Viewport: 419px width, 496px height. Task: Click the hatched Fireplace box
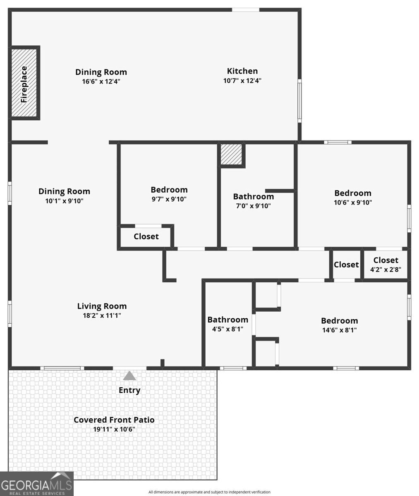(x=24, y=83)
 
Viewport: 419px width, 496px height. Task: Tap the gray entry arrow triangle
(x=129, y=376)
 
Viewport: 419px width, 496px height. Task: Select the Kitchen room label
(x=242, y=71)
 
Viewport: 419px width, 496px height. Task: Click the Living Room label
(x=102, y=306)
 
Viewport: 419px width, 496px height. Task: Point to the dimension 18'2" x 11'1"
(x=102, y=315)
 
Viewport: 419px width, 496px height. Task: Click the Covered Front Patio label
(x=114, y=420)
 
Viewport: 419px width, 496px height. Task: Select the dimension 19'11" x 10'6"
(x=114, y=429)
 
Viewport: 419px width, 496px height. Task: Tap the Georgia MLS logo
(x=36, y=484)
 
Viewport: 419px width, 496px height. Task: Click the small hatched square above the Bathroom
(x=231, y=154)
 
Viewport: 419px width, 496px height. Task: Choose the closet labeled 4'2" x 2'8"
(x=385, y=265)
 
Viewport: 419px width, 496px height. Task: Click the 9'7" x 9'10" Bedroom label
(x=169, y=190)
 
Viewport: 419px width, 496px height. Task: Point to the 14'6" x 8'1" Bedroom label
(x=339, y=321)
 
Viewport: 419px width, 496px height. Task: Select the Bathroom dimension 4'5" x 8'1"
(x=227, y=329)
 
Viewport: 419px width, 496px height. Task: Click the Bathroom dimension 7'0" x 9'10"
(x=253, y=206)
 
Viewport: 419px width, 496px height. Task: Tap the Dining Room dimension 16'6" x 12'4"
(x=101, y=82)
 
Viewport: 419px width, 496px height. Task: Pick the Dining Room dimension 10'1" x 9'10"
(x=64, y=201)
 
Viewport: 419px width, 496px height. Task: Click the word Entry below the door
(x=129, y=390)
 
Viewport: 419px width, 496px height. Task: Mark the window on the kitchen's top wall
(x=245, y=10)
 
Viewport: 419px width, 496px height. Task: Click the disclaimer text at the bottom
(x=209, y=492)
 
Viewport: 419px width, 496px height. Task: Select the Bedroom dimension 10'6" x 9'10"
(x=353, y=203)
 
